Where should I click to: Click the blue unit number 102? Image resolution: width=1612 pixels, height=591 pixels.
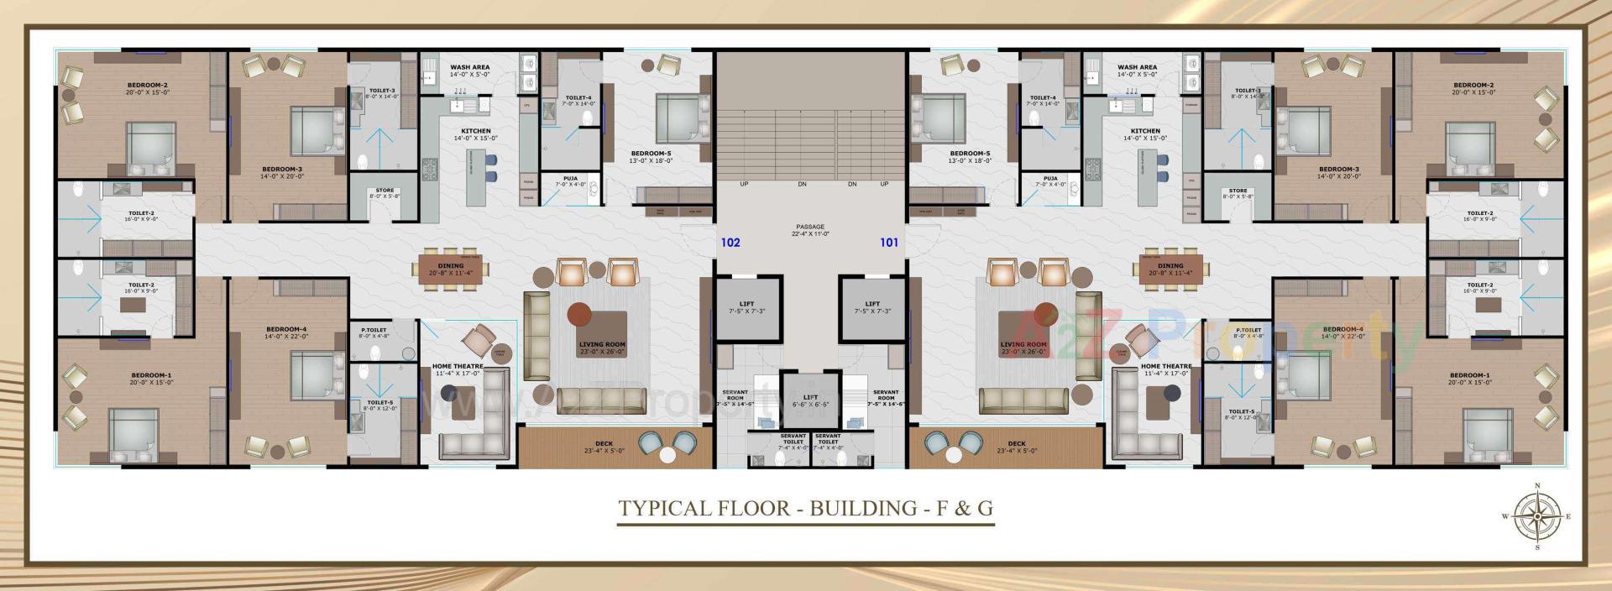coord(730,243)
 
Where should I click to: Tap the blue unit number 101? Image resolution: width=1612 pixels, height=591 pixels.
coord(889,243)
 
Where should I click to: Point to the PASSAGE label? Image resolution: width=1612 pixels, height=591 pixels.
coord(810,227)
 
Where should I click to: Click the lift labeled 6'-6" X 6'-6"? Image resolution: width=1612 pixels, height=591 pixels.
coord(810,398)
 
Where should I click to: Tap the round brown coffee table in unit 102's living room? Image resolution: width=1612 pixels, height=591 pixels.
coord(579,316)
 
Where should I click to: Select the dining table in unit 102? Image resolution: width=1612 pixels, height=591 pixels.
coord(451,269)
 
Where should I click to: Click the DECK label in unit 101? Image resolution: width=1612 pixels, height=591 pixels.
coord(1017,444)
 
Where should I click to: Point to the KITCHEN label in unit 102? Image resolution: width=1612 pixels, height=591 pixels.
coord(476,131)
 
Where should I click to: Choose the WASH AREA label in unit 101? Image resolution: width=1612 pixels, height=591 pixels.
coord(1137,67)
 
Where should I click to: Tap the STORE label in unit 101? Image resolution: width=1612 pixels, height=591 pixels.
coord(1238,191)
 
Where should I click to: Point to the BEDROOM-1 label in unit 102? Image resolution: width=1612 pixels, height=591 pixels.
coord(152,375)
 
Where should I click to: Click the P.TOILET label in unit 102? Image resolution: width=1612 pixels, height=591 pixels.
coord(374,330)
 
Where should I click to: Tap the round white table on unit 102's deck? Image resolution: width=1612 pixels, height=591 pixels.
coord(667,456)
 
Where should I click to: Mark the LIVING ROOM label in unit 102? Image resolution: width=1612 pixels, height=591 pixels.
coord(602,344)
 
